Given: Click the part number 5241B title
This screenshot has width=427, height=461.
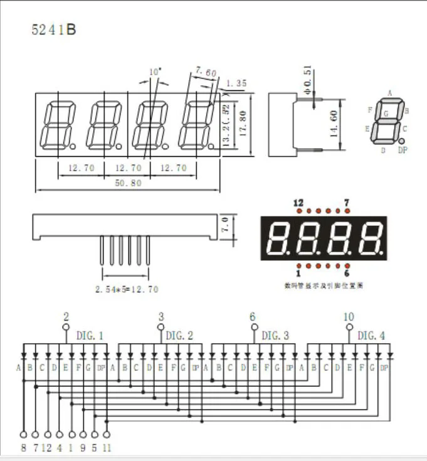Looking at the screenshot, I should pos(54,29).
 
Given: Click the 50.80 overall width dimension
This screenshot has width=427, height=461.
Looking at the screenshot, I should pos(127,183).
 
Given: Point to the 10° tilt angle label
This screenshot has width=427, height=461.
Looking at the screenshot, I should pos(155,72).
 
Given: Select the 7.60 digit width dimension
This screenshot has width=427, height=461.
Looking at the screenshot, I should pos(206,73).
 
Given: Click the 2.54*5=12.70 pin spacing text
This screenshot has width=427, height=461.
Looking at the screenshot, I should pos(127,289).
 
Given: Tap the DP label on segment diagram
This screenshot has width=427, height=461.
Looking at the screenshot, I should pos(403,151).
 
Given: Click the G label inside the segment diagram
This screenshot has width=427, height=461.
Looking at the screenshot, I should pos(386,113).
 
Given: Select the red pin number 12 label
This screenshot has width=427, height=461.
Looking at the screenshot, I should pos(298,203).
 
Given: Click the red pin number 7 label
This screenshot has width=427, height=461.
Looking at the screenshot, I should pos(346,203).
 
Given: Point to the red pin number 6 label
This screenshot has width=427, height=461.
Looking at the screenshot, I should pos(346,273).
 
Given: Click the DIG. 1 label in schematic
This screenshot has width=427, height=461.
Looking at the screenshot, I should pos(90,336).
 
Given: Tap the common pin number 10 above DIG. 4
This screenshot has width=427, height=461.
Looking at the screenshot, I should pos(349,316).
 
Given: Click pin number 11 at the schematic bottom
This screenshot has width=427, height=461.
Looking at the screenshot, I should pos(107,448).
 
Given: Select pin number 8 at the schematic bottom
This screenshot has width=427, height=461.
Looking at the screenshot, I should pos(23,448).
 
